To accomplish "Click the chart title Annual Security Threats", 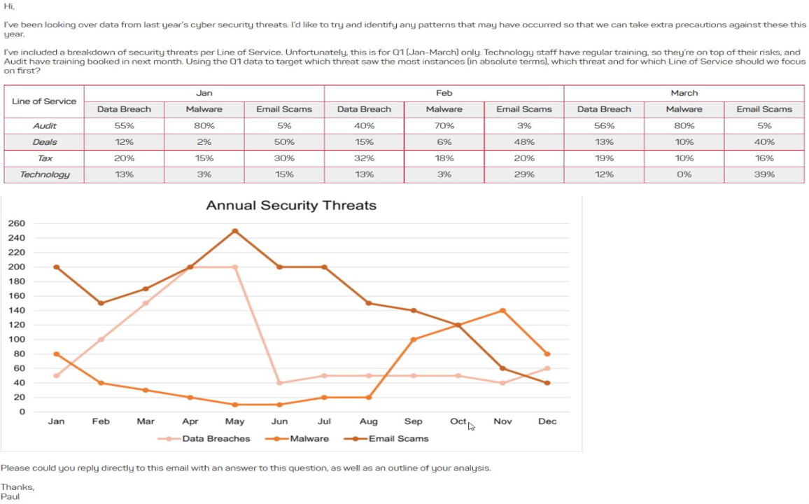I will (291, 206).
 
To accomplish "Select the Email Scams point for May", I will (235, 231).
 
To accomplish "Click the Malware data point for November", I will (502, 311).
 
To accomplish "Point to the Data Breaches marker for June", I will (279, 383).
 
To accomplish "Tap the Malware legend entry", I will (301, 439).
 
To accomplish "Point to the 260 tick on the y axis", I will (17, 224).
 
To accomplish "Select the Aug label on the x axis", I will (369, 421).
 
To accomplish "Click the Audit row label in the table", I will (44, 126).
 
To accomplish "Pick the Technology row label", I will (44, 174).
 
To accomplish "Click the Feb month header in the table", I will (444, 93).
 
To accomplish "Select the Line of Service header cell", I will (44, 101).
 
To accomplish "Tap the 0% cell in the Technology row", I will (684, 174).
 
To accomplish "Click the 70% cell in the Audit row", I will (444, 126).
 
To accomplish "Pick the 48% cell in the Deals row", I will (524, 142).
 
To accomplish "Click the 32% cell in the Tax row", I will (364, 158).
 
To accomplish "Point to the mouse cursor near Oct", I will (471, 426).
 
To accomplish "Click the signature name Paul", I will (10, 497).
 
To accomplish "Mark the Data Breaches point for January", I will (57, 376).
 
